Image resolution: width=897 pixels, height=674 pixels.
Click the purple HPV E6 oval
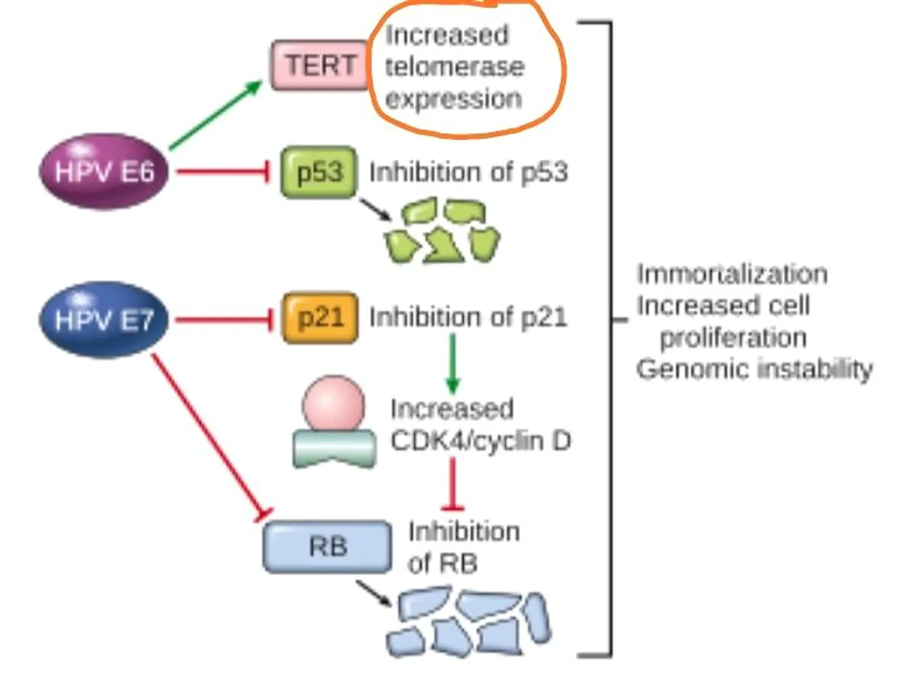[x=104, y=171]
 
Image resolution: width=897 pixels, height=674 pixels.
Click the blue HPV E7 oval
[x=104, y=319]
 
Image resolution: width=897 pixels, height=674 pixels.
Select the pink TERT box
[x=320, y=65]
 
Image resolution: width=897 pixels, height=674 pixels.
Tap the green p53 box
[x=319, y=172]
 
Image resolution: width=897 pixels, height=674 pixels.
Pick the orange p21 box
[x=320, y=317]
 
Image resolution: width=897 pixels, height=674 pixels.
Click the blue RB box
[x=327, y=547]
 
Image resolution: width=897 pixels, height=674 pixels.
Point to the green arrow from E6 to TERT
[x=216, y=115]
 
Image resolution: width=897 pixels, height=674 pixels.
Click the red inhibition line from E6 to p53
[x=223, y=171]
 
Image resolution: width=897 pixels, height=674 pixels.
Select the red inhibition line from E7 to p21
[x=224, y=320]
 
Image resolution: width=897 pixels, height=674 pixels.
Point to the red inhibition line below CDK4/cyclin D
[x=452, y=483]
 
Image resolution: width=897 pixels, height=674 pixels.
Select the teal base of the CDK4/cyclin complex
[x=334, y=449]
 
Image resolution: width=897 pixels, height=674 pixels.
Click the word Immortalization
[x=732, y=274]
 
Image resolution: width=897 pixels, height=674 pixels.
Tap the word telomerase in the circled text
[x=455, y=67]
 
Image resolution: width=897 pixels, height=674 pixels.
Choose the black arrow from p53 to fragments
[x=375, y=210]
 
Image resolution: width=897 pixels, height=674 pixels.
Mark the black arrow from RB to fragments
[x=373, y=593]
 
